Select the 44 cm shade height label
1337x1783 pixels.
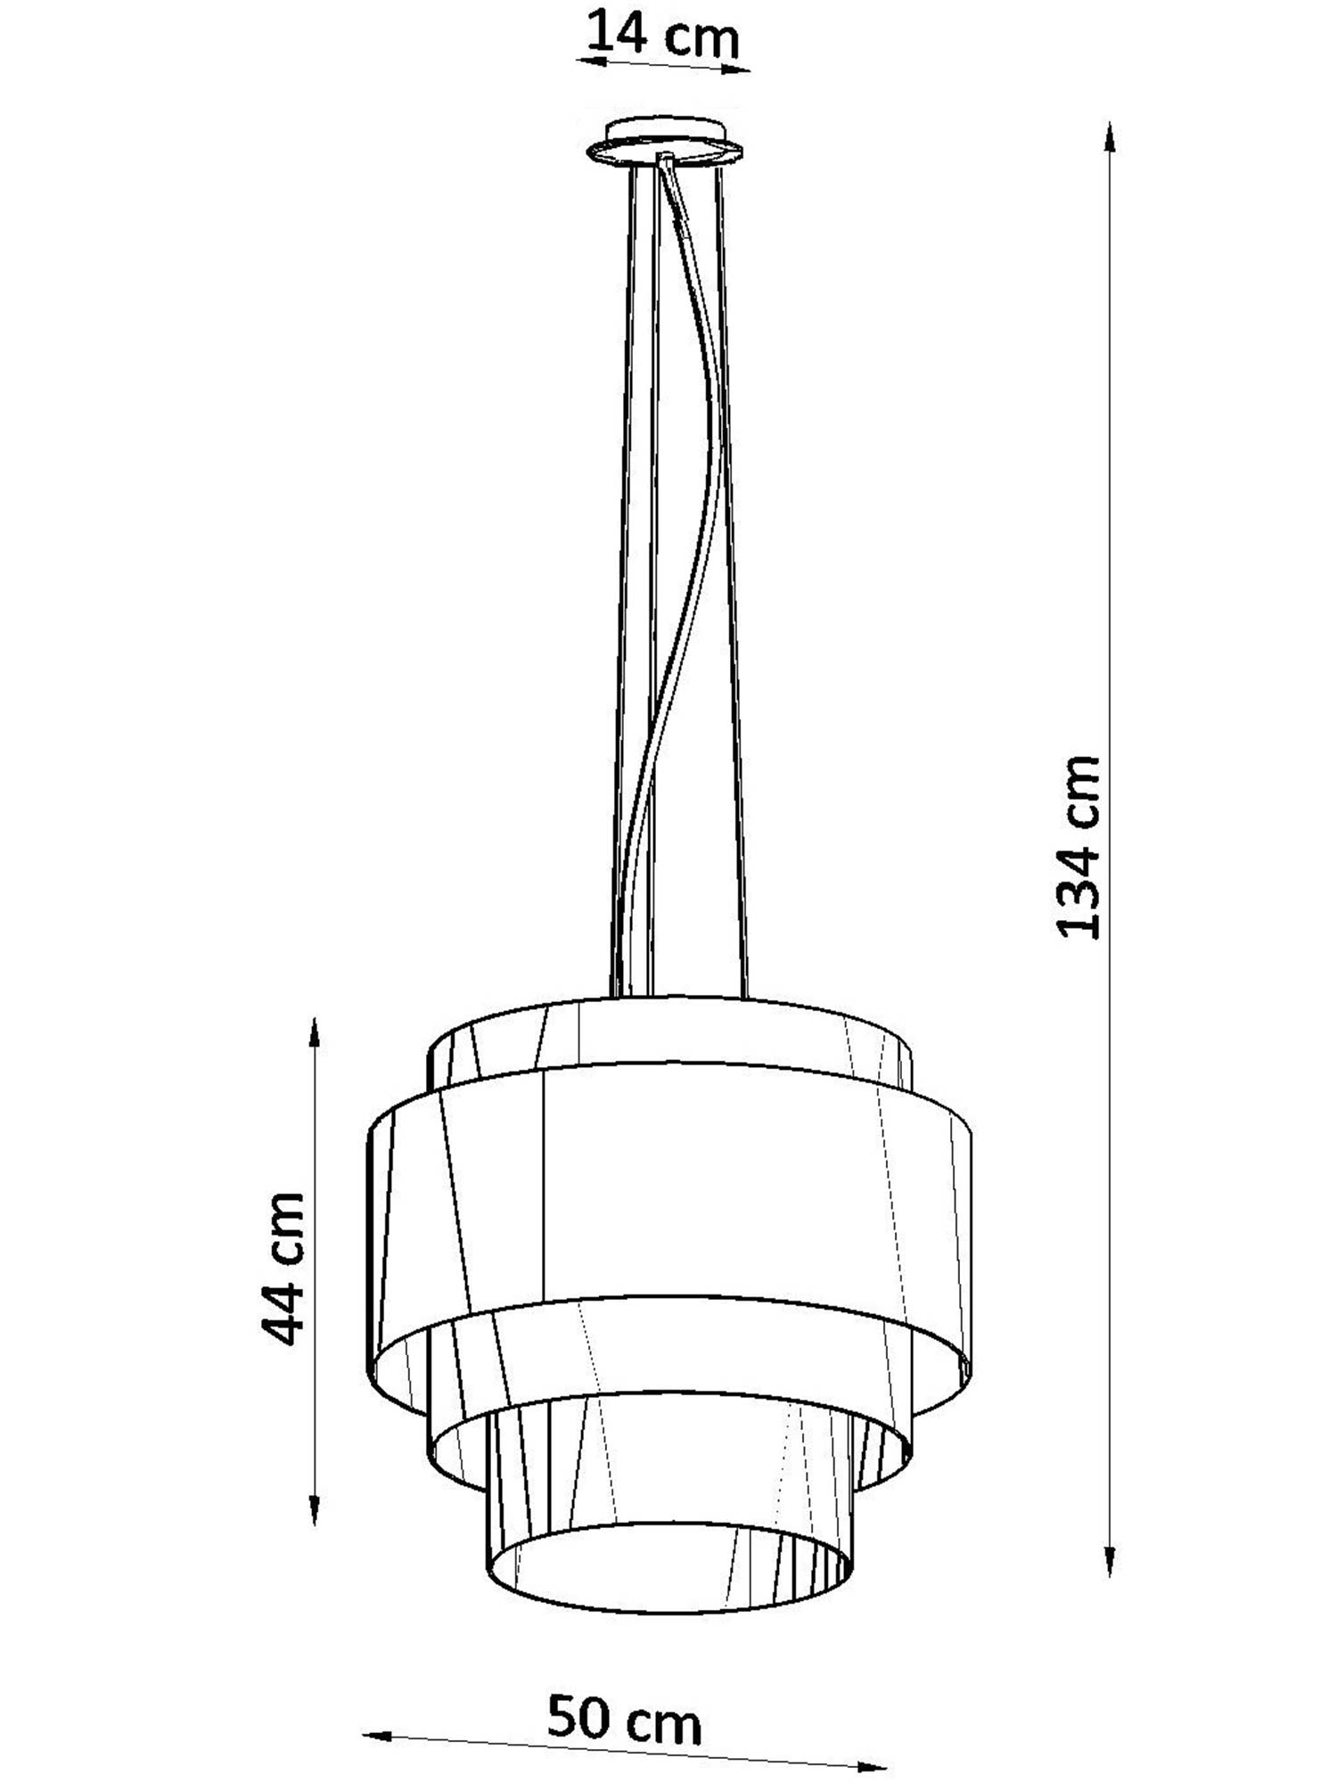point(283,1269)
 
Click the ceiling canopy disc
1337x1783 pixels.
point(664,143)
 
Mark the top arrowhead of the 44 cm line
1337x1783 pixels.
point(315,1033)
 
